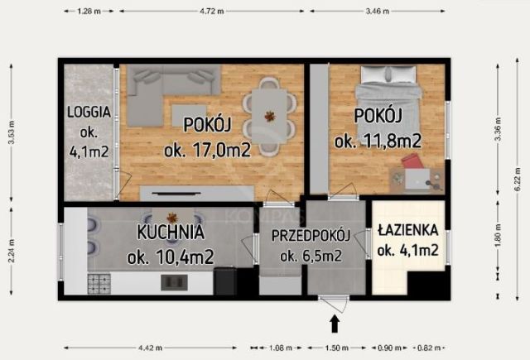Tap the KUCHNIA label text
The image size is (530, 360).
click(x=171, y=233)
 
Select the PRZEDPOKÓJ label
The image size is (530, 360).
click(x=311, y=235)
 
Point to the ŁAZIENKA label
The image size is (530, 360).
click(x=407, y=229)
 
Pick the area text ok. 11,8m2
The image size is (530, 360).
click(x=378, y=142)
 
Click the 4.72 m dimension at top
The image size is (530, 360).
click(x=212, y=12)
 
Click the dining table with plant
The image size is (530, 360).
click(x=270, y=116)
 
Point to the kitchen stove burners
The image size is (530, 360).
click(x=100, y=282)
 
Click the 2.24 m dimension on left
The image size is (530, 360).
click(x=11, y=248)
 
